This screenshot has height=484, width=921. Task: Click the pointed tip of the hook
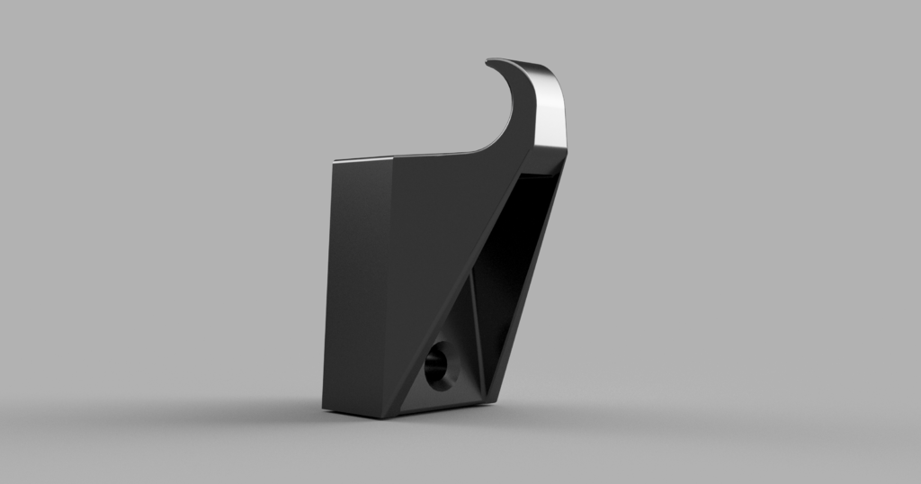tap(489, 62)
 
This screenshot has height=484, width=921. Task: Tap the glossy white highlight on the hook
tap(550, 108)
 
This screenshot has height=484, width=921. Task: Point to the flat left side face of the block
tap(358, 279)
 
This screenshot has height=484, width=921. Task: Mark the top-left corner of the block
tap(334, 163)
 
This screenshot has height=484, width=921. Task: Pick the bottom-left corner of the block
tap(324, 407)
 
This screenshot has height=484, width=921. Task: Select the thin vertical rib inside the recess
tap(474, 333)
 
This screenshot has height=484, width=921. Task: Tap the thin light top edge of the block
tap(364, 158)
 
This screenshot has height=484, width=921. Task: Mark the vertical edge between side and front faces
tap(392, 288)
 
